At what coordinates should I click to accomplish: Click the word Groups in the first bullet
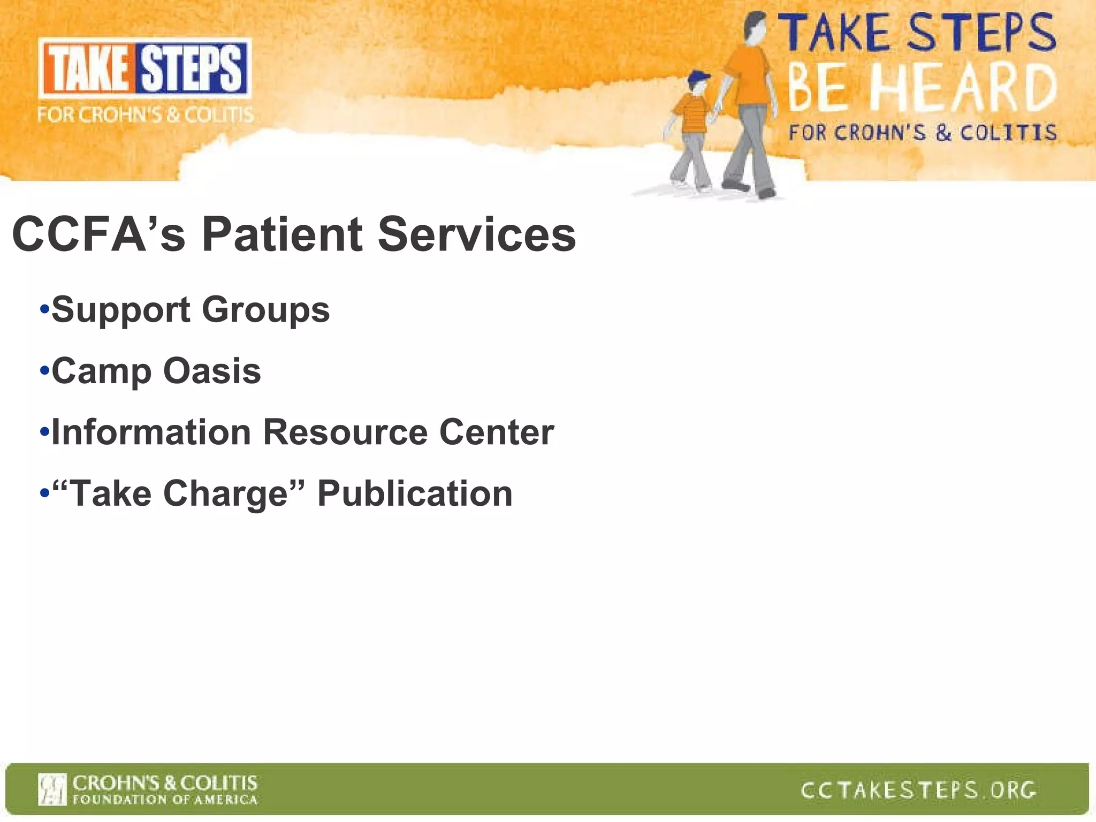(266, 310)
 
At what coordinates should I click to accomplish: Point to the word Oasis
(212, 370)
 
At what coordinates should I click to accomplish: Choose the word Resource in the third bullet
(345, 432)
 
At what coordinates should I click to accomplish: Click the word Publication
(415, 493)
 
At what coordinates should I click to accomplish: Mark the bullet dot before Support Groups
(45, 309)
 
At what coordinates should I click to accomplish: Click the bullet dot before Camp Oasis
(45, 370)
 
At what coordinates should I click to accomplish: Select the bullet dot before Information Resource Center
(45, 431)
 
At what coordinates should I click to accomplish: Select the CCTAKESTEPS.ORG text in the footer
(918, 790)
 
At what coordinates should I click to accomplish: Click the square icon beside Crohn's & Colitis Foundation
(52, 789)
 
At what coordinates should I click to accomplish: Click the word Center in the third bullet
(497, 432)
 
